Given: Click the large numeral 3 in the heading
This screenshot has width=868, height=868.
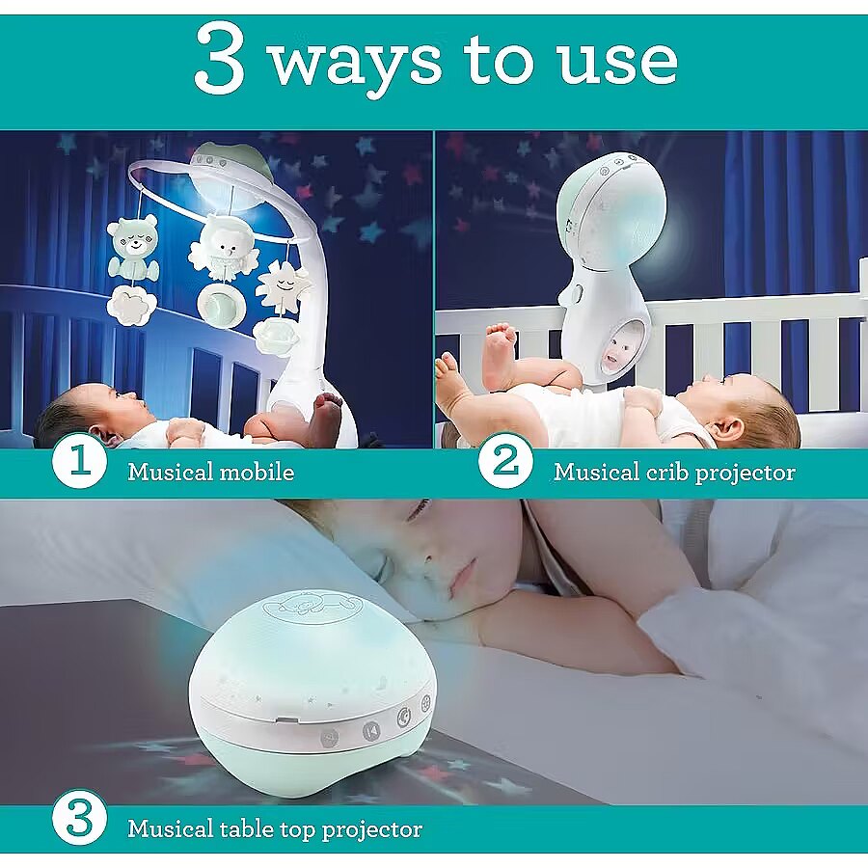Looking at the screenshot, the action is (x=220, y=58).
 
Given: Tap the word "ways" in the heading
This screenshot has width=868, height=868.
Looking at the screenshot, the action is (x=355, y=67).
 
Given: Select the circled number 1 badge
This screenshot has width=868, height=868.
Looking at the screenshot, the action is (x=79, y=461).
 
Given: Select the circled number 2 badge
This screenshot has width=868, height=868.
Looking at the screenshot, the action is (x=504, y=461).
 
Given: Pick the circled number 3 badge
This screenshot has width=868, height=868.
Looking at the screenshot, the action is (x=79, y=817).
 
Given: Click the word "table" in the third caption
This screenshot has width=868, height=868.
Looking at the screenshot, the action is (x=246, y=828).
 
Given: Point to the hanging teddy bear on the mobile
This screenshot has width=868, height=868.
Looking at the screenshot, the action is (x=133, y=246).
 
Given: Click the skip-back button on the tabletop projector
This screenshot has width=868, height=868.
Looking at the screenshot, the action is (x=372, y=731).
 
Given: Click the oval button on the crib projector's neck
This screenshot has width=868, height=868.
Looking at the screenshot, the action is (x=579, y=293).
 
